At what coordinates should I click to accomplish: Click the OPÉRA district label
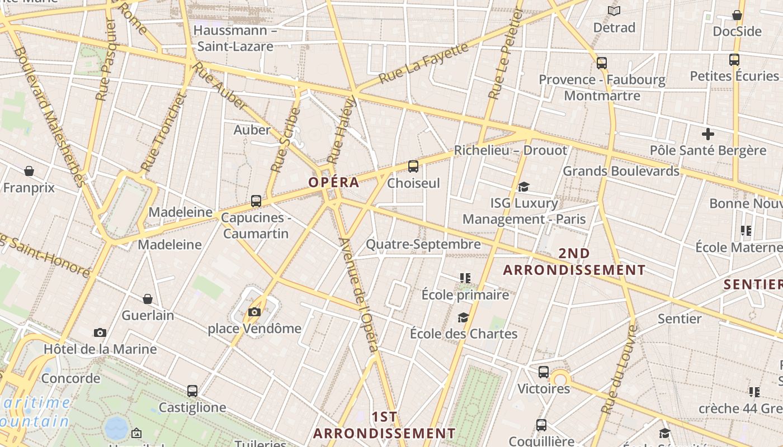[x=333, y=182]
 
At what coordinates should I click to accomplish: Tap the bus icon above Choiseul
[x=413, y=166]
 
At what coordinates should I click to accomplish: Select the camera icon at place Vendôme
[x=254, y=312]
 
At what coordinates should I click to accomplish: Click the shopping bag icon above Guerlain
[x=148, y=299]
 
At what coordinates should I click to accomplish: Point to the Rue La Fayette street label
[x=423, y=63]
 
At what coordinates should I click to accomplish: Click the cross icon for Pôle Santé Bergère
[x=708, y=134]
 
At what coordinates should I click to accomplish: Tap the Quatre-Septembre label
[x=423, y=244]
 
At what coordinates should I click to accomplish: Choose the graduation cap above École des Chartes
[x=463, y=317]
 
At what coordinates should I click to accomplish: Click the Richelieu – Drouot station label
[x=510, y=150]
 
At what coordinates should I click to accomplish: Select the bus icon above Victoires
[x=544, y=372]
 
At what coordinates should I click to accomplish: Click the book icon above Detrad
[x=614, y=11]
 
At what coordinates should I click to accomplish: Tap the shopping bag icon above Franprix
[x=29, y=171]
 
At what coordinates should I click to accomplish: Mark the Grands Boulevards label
[x=621, y=171]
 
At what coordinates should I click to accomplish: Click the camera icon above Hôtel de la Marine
[x=100, y=333]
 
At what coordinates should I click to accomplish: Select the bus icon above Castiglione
[x=192, y=391]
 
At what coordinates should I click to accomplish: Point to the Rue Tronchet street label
[x=163, y=132]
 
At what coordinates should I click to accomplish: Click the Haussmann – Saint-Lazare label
[x=235, y=38]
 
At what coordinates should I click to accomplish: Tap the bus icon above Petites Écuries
[x=734, y=60]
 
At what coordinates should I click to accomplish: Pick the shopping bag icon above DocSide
[x=737, y=15]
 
